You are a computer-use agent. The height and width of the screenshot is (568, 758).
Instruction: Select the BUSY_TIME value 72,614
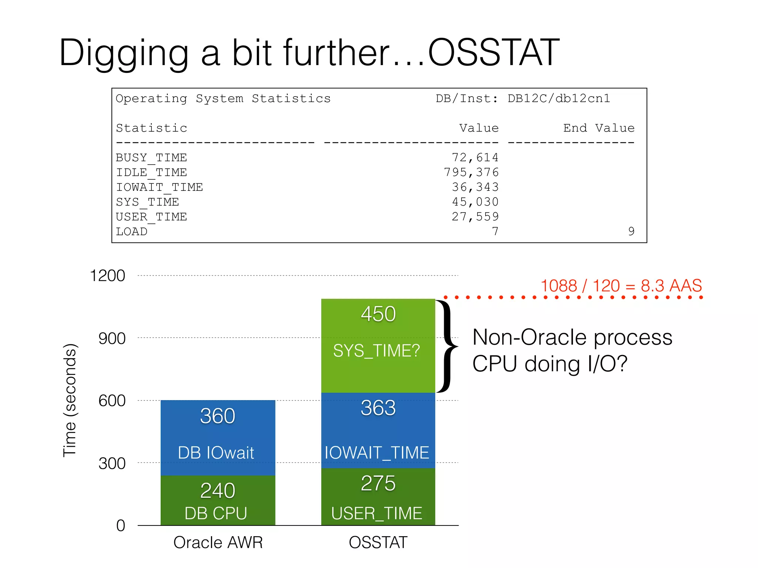pos(475,158)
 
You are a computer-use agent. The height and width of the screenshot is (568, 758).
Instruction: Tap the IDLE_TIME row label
pos(151,172)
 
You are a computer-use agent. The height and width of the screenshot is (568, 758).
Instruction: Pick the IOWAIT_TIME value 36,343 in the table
pos(475,187)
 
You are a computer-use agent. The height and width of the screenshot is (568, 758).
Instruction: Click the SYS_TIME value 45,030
pos(475,202)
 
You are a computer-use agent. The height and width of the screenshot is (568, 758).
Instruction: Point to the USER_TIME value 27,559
pos(475,217)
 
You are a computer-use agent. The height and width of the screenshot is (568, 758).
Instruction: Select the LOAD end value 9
pos(631,231)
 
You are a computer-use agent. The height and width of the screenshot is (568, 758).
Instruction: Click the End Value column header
pos(598,128)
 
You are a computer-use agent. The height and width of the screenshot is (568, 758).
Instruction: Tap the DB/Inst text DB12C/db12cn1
pos(559,98)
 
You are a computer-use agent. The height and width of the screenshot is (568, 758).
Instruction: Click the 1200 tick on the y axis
pos(107,276)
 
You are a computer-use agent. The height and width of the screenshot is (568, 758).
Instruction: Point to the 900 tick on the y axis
pos(112,338)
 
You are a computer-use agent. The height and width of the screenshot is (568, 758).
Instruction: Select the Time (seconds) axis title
pos(69,400)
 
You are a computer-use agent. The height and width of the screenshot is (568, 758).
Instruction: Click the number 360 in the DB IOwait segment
pos(218,416)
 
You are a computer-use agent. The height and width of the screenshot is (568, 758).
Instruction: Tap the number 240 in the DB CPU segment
pos(218,491)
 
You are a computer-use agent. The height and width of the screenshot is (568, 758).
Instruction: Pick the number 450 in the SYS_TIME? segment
pos(378,314)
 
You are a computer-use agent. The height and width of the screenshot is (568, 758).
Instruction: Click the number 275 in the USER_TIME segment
pos(378,483)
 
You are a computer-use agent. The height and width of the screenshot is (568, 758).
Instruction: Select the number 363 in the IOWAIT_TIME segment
pos(378,408)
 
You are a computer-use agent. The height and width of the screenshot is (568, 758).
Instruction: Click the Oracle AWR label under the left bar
pos(218,542)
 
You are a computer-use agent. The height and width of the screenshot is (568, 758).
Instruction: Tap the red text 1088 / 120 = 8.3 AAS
pos(621,286)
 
